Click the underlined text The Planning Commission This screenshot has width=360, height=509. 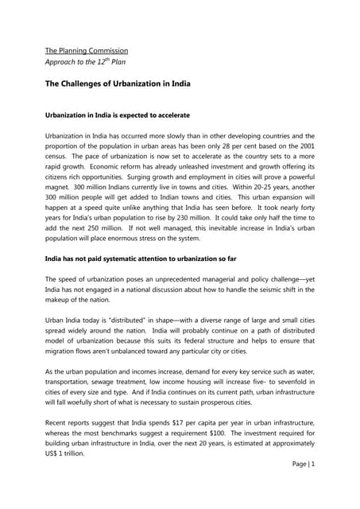(x=86, y=51)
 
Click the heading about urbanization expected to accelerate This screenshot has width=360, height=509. (x=126, y=115)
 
